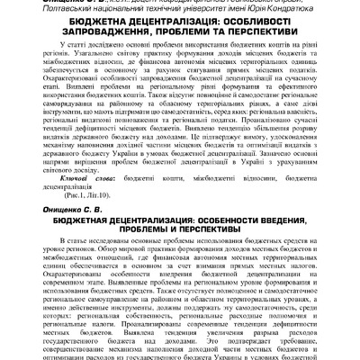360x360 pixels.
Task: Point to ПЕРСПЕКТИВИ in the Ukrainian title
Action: (x=250, y=40)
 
